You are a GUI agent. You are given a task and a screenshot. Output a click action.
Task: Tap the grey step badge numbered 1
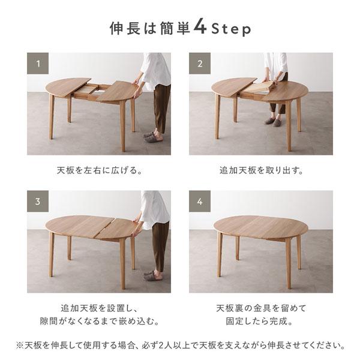pos(38,63)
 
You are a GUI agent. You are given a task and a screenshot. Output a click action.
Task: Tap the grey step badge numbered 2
pos(200,63)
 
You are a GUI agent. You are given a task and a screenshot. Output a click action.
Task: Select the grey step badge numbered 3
pos(38,202)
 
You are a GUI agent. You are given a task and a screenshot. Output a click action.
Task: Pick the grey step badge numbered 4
pos(200,202)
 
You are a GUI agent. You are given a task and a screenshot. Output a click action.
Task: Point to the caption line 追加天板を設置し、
pos(98,308)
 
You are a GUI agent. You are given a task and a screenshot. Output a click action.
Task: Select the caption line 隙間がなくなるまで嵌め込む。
pos(98,322)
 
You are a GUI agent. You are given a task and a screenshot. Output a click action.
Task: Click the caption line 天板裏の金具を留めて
pos(261,308)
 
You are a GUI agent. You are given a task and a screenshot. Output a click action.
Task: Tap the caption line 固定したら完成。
pos(261,322)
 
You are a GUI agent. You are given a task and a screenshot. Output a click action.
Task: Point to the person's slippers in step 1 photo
pos(152,136)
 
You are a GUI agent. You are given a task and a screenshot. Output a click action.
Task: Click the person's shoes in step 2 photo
pos(273,121)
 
